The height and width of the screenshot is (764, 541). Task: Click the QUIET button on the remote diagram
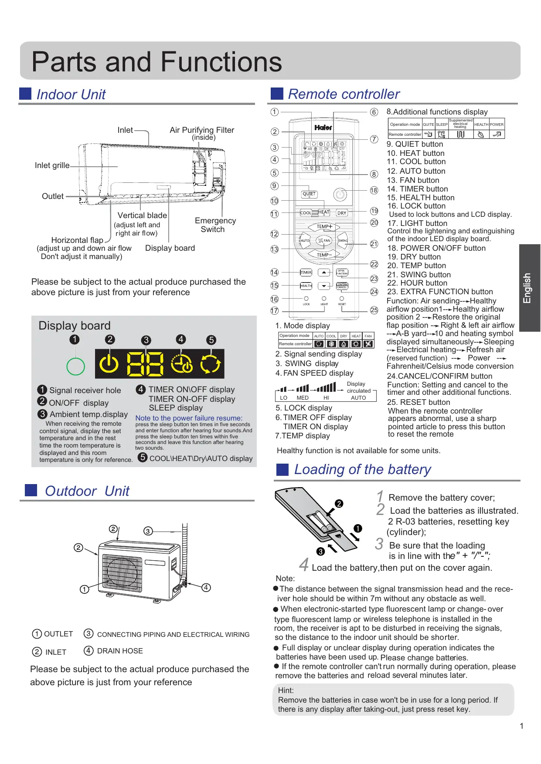tap(309, 194)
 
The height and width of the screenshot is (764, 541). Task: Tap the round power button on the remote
tap(340, 195)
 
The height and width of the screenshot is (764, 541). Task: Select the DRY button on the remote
tap(342, 213)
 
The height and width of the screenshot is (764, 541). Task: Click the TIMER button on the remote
tap(306, 273)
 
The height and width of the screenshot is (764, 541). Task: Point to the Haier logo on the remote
tap(323, 128)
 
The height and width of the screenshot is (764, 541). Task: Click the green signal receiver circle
tap(75, 366)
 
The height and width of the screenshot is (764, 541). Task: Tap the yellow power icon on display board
tap(109, 363)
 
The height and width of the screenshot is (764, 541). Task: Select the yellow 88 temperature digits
tap(146, 364)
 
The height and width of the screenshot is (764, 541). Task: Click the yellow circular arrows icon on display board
tap(211, 363)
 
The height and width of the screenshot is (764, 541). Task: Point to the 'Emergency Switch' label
tap(215, 225)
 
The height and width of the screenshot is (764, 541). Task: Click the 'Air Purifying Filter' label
tap(202, 130)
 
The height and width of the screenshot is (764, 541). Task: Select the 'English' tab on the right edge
tap(529, 288)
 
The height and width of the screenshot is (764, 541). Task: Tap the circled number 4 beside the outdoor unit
tap(206, 587)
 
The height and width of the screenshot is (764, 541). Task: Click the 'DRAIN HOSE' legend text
tap(120, 651)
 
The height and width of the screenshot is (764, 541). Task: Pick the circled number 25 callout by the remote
tap(374, 310)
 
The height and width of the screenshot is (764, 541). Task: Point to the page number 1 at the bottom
tap(521, 726)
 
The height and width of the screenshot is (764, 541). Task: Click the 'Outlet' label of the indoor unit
tap(53, 196)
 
